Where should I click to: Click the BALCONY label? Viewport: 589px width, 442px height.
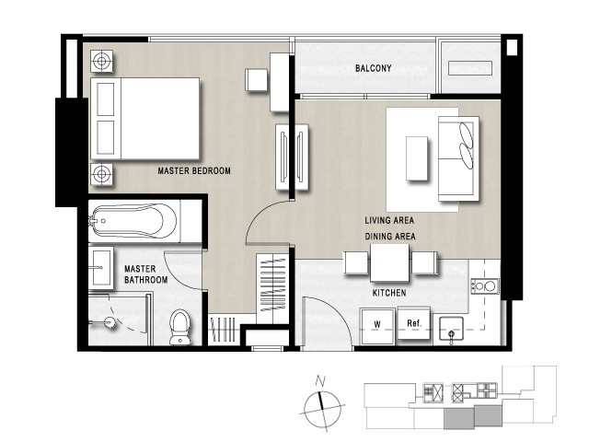373,68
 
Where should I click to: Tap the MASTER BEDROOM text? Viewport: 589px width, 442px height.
194,171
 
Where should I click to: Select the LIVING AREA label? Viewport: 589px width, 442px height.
389,220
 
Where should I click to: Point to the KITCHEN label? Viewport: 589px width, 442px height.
389,293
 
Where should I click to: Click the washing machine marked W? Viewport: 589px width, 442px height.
377,326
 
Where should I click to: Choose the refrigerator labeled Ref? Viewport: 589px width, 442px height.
414,322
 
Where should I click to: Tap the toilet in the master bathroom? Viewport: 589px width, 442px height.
180,327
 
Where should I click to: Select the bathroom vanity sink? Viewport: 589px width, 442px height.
100,268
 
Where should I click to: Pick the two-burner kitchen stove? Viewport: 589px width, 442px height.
485,286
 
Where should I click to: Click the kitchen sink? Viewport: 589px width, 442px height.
451,330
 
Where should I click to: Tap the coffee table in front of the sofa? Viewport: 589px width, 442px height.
417,158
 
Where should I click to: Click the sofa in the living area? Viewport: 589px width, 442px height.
458,158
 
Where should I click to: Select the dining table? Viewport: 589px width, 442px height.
389,262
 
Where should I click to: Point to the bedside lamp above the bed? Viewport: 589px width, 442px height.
101,61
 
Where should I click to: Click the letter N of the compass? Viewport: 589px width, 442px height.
320,381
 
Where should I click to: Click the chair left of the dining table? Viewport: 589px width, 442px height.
356,262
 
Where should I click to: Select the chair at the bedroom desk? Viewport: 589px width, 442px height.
257,79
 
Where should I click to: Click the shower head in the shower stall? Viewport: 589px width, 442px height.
110,322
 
